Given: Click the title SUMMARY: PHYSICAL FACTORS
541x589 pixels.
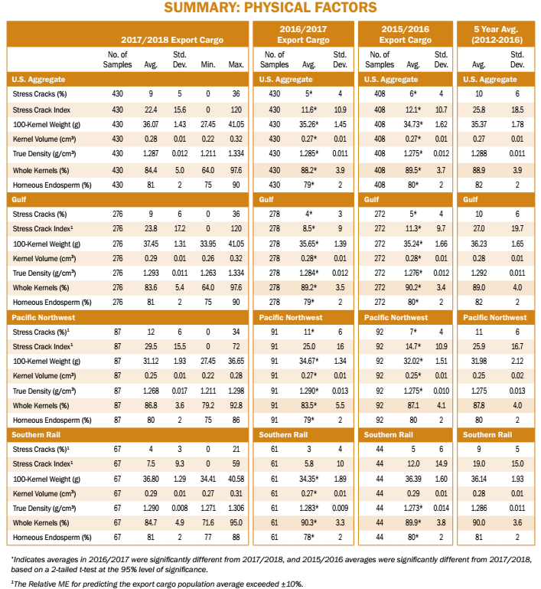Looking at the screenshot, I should click(x=270, y=8).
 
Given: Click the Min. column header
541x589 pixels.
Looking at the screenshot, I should click(x=207, y=64).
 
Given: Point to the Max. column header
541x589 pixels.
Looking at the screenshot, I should click(x=236, y=64).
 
